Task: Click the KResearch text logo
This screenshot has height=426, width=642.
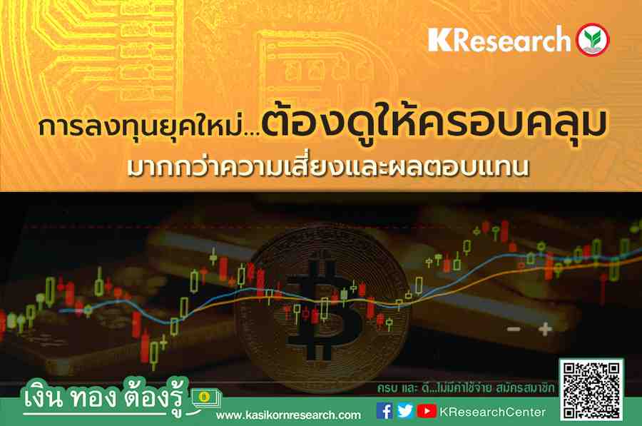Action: coord(499,40)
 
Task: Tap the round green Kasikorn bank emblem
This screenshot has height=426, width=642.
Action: coord(593,40)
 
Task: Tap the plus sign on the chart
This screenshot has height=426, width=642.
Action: coord(545,329)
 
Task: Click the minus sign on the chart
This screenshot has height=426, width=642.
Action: coord(514,329)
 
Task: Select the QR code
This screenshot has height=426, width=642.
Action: coord(591,390)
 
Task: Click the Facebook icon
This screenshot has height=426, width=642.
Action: coord(384,411)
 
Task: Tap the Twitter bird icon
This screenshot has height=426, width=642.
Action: coord(405,411)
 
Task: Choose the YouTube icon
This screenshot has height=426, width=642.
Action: coord(427,411)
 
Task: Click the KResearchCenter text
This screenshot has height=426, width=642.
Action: coord(492,412)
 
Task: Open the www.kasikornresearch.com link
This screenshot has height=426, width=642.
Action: coord(288,415)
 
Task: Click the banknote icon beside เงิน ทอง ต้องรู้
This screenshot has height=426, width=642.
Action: coord(206,398)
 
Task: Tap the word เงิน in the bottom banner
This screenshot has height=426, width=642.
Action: coord(44,397)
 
